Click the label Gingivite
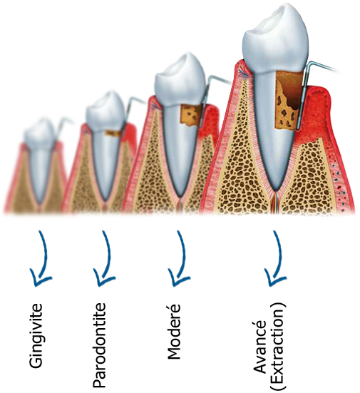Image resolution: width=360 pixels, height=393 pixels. tap(36, 336)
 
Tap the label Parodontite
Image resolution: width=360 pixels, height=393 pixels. tap(99, 345)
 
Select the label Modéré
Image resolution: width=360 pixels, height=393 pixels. tap(173, 332)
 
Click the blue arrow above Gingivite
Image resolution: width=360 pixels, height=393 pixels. tap(41, 259)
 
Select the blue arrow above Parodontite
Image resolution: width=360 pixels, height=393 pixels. tap(104, 259)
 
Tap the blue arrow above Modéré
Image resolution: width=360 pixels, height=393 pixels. tap(179, 259)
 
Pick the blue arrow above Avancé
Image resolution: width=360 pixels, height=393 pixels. tap(276, 259)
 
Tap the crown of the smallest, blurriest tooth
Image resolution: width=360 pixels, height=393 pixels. tap(39, 133)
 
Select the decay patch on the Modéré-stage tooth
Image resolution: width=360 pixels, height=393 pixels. tap(191, 116)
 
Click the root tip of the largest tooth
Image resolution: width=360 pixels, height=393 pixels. tap(277, 190)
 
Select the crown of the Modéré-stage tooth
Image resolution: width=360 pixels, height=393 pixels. tap(180, 80)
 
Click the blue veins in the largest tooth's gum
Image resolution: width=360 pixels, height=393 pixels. tap(243, 73)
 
